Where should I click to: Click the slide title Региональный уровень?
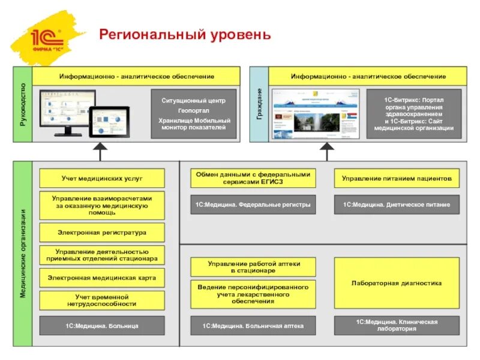(185, 35)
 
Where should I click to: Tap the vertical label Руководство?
(23, 104)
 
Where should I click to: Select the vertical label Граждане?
(259, 104)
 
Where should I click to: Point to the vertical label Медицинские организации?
(23, 253)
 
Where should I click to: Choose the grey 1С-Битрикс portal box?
(413, 114)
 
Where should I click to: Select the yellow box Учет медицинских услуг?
(101, 178)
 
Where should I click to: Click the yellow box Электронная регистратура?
(101, 232)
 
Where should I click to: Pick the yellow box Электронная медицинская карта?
(101, 278)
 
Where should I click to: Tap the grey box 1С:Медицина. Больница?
(101, 326)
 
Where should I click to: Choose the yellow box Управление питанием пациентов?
(396, 178)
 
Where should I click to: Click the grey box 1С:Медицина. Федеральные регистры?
(252, 205)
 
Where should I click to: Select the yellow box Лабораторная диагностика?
(396, 283)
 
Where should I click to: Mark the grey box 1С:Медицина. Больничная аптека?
(252, 326)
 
